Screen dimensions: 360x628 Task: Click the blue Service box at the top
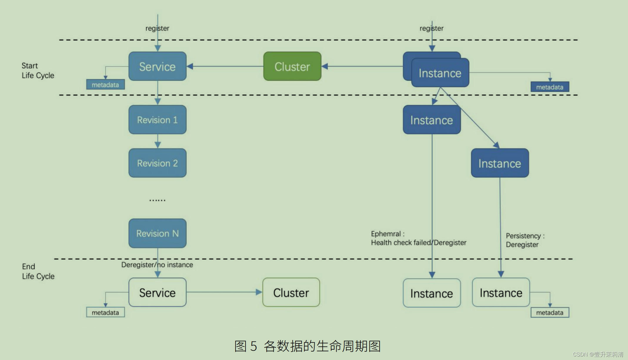point(157,66)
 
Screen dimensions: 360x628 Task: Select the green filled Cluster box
point(292,66)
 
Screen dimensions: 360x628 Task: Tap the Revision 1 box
point(157,120)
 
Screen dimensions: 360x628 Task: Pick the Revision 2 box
point(157,163)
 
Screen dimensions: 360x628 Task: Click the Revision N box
point(157,233)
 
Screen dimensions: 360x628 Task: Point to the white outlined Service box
point(157,293)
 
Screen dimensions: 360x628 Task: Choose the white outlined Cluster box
point(291,293)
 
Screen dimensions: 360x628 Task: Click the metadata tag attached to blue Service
point(105,85)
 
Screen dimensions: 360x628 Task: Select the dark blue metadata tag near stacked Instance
point(549,87)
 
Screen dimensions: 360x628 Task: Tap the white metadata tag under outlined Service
point(105,312)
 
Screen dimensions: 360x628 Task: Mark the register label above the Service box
point(157,28)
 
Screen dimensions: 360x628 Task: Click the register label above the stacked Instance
point(431,28)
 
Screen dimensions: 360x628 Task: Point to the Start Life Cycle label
point(38,71)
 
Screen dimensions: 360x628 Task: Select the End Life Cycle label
point(38,271)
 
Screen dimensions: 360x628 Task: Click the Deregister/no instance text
point(157,265)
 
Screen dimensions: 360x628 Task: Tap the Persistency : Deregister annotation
point(525,240)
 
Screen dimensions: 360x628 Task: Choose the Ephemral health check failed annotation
point(418,238)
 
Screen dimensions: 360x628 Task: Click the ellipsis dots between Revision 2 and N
point(157,200)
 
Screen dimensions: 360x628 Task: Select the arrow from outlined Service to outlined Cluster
point(223,292)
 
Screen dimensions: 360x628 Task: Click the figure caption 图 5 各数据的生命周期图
point(307,346)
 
